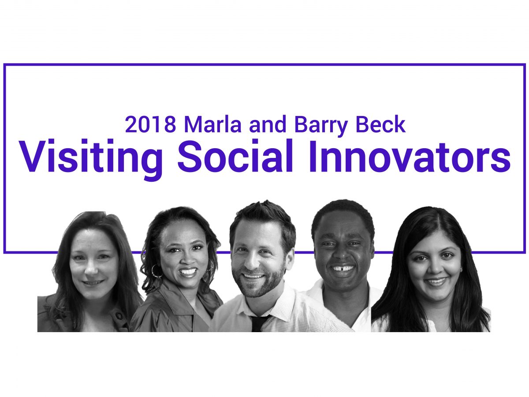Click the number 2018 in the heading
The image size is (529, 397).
pyautogui.click(x=151, y=125)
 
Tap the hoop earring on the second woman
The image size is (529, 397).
pyautogui.click(x=156, y=271)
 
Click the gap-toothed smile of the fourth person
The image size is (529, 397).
pyautogui.click(x=342, y=268)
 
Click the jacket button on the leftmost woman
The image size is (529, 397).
pyautogui.click(x=118, y=315)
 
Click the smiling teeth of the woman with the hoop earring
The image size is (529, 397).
pyautogui.click(x=188, y=272)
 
